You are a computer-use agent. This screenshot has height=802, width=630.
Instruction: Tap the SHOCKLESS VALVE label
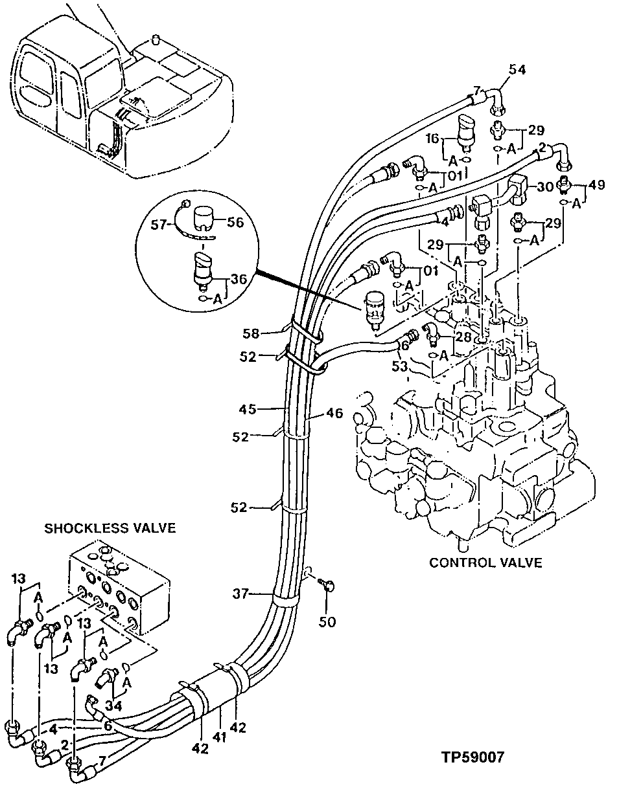pos(110,528)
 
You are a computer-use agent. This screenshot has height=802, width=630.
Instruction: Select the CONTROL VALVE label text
pos(485,563)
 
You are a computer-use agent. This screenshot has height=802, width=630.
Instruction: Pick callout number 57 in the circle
pos(160,225)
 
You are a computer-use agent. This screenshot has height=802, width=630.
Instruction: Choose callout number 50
pos(329,622)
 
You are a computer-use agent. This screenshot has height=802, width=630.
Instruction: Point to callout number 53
pos(399,367)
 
